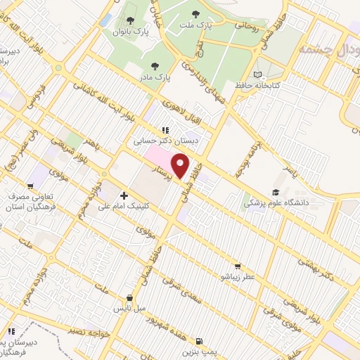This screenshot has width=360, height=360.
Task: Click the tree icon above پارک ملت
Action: pyautogui.click(x=194, y=14)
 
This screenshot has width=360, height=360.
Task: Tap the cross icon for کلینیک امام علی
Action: pyautogui.click(x=124, y=195)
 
